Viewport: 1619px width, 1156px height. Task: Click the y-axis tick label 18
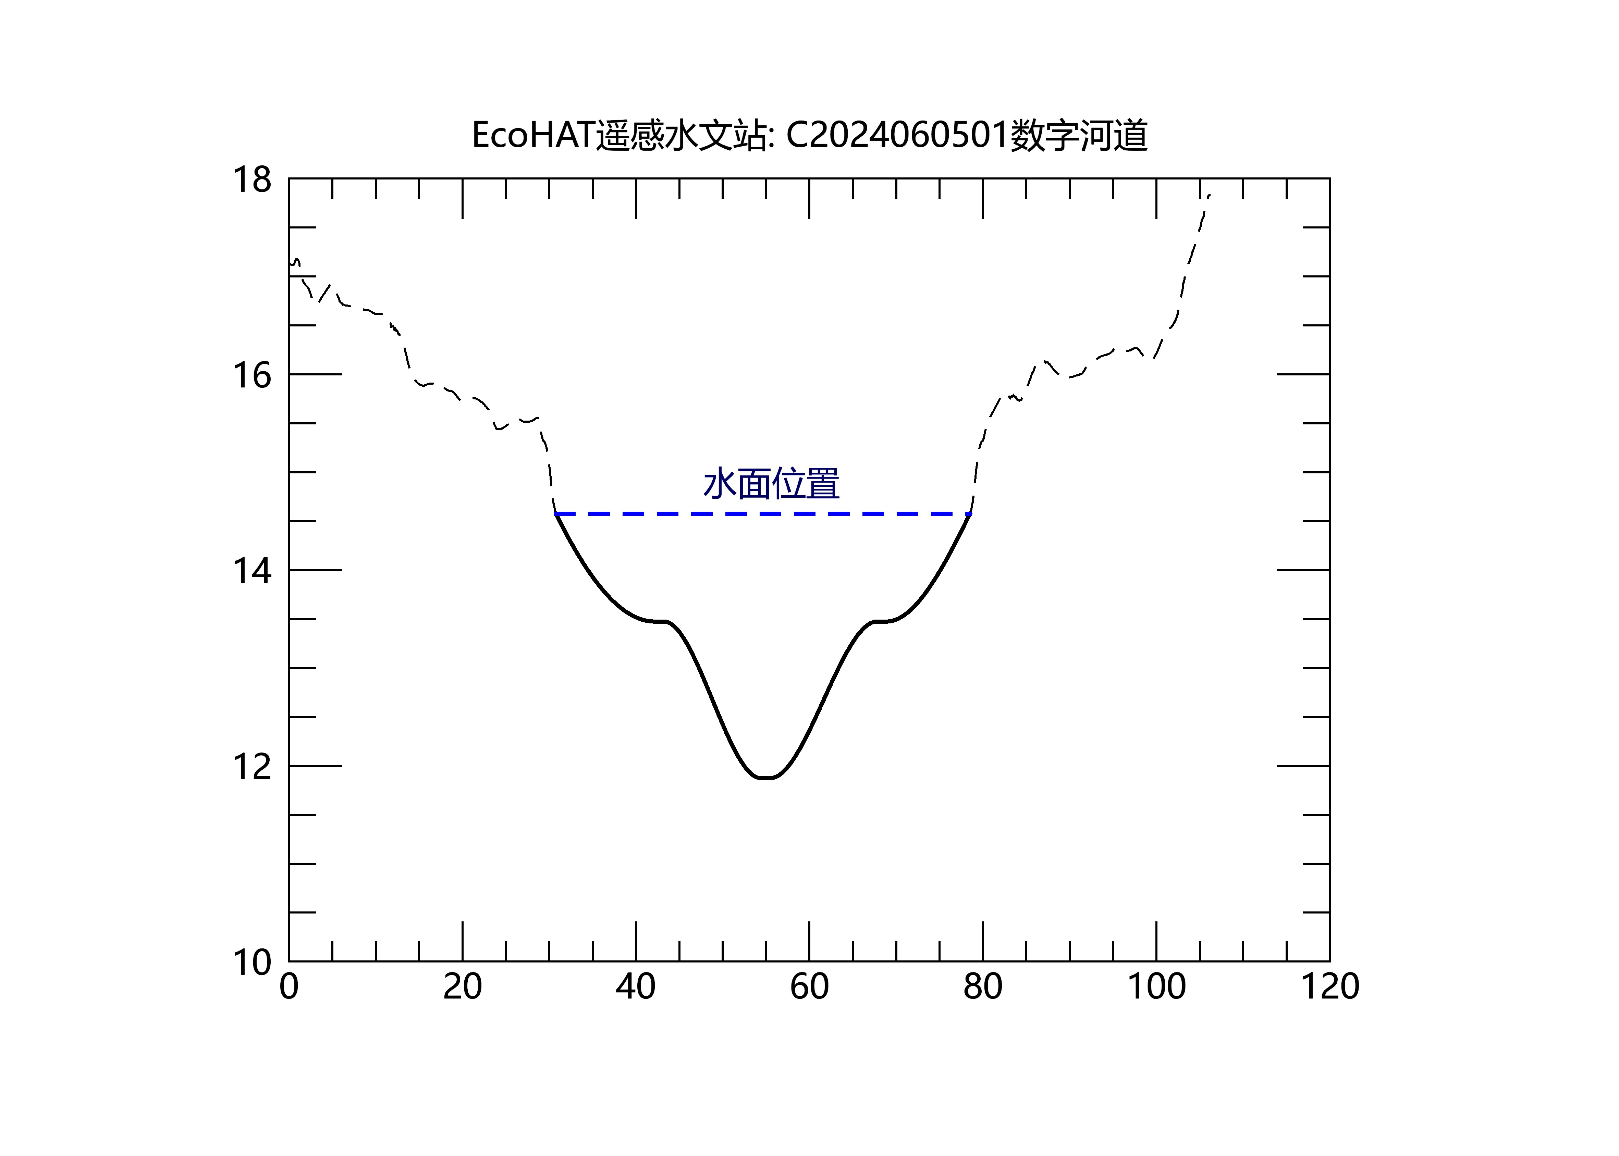click(252, 180)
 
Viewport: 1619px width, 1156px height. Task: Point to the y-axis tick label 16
click(252, 375)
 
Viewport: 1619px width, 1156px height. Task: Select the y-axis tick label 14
click(252, 571)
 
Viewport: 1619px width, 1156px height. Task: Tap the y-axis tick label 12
click(252, 767)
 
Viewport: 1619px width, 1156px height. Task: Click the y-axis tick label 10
click(252, 962)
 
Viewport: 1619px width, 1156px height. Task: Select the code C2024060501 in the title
click(897, 135)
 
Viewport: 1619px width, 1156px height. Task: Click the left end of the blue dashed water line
click(555, 513)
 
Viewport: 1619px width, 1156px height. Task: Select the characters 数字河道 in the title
click(1079, 135)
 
